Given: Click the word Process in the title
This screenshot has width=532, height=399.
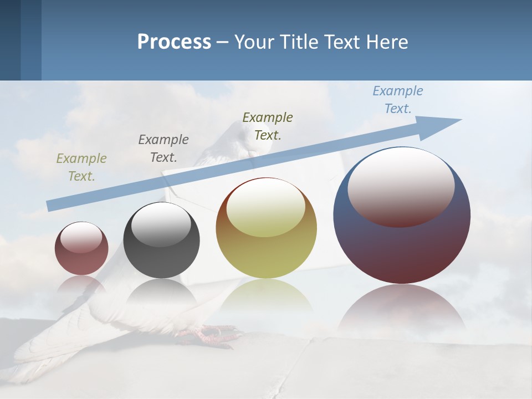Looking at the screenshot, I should click(174, 42).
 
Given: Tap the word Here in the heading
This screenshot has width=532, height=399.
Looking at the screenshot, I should click(386, 42).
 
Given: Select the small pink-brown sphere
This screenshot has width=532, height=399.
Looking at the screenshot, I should click(81, 260).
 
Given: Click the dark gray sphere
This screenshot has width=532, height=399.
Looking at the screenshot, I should click(161, 260).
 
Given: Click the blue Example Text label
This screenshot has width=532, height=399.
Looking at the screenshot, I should click(398, 100).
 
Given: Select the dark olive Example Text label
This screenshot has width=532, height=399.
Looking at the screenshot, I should click(268, 126).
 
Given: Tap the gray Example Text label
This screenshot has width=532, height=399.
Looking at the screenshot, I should click(163, 148).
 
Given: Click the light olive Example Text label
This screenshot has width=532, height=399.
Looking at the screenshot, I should click(81, 167).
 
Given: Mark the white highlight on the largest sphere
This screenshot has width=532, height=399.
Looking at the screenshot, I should click(401, 186).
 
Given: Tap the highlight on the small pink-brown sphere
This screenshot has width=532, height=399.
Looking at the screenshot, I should click(81, 238).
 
